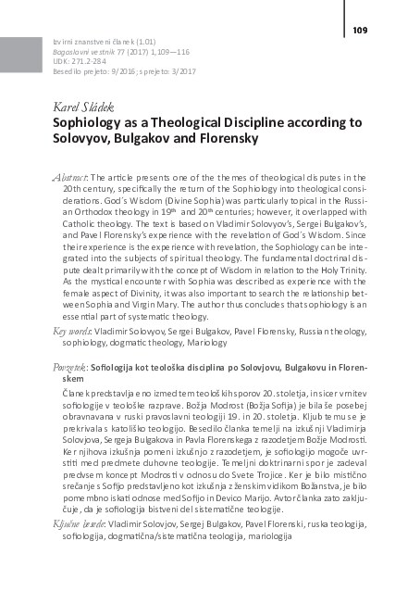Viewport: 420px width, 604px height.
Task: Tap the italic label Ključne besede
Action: point(79,524)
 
